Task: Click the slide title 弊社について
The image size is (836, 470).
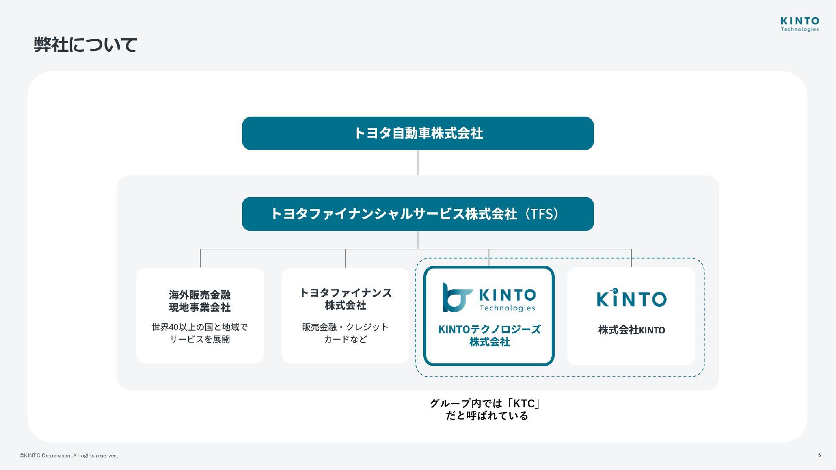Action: tap(86, 45)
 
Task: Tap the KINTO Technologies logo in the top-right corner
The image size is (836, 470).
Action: tap(799, 24)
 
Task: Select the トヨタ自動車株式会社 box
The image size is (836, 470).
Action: tap(418, 133)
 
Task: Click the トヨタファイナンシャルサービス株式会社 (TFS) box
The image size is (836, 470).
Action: tap(418, 214)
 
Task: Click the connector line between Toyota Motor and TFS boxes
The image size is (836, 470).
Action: tap(418, 163)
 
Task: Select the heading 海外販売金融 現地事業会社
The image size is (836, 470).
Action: tap(200, 301)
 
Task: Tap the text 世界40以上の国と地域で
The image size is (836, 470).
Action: tap(200, 327)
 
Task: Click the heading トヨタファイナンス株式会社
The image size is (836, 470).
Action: tap(346, 299)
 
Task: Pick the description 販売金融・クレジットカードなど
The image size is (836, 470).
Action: tap(346, 333)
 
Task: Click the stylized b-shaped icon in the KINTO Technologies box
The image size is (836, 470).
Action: tap(456, 298)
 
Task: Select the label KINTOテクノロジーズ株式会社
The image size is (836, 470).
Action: tap(489, 336)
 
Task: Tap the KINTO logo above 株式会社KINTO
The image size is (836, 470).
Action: tap(631, 298)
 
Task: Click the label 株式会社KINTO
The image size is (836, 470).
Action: tap(631, 330)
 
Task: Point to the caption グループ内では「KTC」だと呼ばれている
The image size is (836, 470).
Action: tap(486, 410)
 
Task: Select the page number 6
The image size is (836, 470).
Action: tap(819, 455)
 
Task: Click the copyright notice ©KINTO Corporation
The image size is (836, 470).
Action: tap(69, 456)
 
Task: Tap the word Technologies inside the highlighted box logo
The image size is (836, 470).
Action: tap(507, 308)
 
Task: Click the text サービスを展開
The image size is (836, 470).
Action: tap(200, 339)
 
